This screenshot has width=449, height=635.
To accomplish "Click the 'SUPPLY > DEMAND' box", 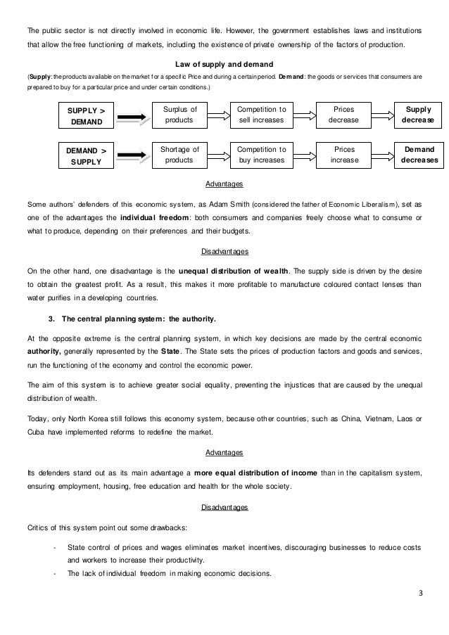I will point(85,116).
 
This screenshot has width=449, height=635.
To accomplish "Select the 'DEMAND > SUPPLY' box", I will point(85,155).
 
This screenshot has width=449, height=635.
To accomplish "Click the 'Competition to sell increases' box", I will point(261,115).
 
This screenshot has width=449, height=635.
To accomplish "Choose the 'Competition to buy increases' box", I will point(261,155).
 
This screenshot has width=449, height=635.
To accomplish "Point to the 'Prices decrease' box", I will point(344,115).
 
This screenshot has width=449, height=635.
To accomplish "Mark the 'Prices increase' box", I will point(344,155).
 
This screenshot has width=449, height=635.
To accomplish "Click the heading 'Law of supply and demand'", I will point(224,65).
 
